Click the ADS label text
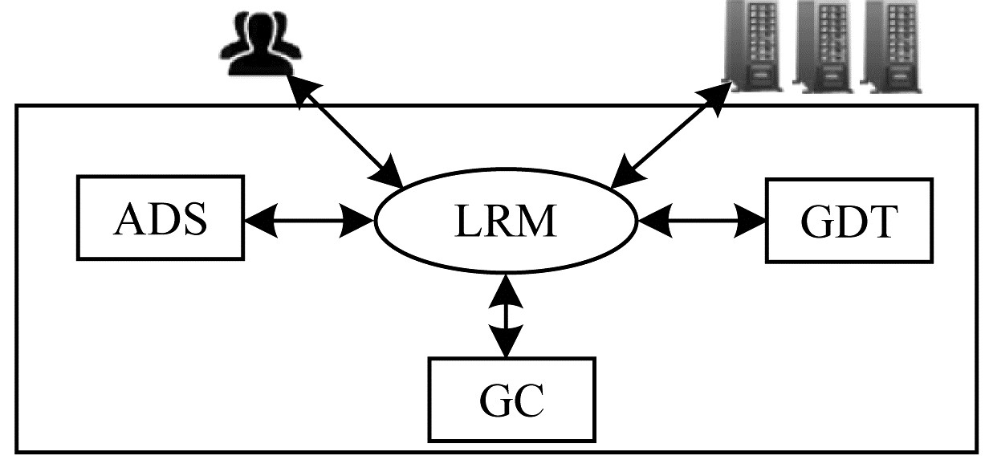160,219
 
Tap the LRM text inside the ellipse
506,222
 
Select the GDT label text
849,222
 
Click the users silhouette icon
260,43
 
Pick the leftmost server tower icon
754,46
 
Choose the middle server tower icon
823,46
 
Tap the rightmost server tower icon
891,46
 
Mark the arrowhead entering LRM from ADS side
357,220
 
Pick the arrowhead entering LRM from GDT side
655,221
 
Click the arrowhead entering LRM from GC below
506,291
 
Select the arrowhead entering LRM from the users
387,172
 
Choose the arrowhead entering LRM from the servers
628,172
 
